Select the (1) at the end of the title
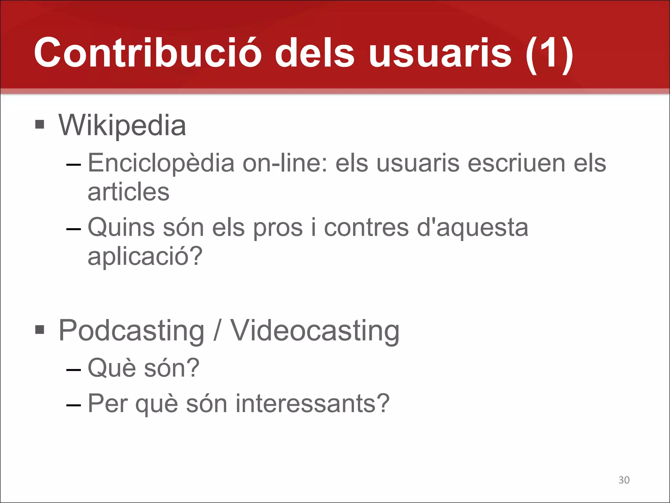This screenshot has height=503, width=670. coord(549,54)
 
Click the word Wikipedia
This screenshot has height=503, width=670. coord(122,125)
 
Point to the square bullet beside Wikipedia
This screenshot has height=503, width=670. coord(40,124)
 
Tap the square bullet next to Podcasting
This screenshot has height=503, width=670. coord(40,329)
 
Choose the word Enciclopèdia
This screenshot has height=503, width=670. coord(161,163)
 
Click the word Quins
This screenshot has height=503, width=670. coord(121,227)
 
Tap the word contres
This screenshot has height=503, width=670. coord(366,227)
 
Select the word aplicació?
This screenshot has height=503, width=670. coord(145,256)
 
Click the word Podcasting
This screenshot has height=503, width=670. coord(132,331)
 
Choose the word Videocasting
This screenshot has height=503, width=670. coord(315,331)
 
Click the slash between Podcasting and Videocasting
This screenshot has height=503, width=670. coord(217,331)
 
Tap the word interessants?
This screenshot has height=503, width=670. coord(312,403)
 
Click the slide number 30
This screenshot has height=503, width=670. coord(624,480)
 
